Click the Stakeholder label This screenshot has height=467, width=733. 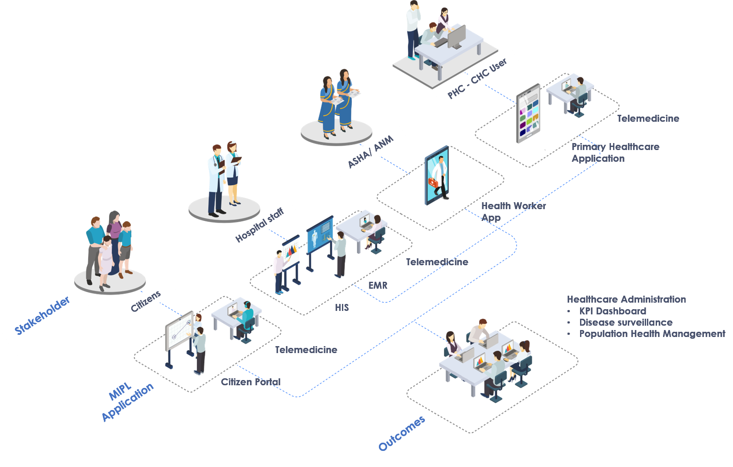(43, 316)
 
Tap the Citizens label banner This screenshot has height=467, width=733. (146, 301)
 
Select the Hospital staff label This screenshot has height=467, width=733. (259, 225)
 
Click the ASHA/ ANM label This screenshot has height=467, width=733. (370, 151)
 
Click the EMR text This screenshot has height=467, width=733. (378, 285)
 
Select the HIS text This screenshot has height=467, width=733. (342, 307)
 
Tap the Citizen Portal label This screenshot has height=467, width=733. (251, 382)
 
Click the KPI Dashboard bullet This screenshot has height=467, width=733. (613, 311)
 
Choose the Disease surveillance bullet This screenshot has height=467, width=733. (626, 322)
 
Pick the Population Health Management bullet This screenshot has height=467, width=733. (652, 334)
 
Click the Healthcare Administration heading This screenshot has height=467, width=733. (626, 299)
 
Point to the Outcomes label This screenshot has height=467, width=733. (401, 434)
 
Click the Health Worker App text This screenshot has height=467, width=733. (513, 211)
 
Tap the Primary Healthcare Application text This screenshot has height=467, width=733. (615, 152)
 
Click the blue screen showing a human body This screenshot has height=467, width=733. (320, 234)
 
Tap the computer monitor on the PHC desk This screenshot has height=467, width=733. (456, 37)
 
